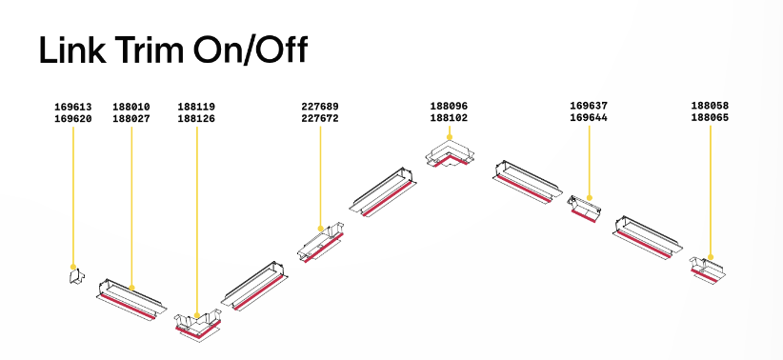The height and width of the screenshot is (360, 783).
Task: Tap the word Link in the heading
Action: pos(72,50)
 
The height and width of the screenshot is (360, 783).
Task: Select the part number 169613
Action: pos(73,107)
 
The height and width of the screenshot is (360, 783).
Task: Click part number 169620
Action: pos(73,119)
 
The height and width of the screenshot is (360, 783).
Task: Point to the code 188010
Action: pos(131,107)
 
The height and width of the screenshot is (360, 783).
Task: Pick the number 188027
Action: pos(131,119)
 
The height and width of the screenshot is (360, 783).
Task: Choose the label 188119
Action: pos(196,107)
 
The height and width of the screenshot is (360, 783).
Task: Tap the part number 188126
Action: pos(196,119)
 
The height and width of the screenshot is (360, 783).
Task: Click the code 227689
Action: pos(320,107)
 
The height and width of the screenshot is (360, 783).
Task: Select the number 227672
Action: pos(320,118)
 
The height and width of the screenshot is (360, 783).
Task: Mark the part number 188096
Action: pos(449,106)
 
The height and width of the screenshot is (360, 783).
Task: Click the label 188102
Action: pos(449,118)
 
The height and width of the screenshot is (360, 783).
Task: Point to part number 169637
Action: pos(589,106)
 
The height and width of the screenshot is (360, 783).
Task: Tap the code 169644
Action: pos(589,118)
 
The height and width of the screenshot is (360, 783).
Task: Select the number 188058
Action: pos(710,106)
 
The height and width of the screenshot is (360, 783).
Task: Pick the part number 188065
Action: pos(710,118)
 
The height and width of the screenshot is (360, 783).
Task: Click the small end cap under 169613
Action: pos(76,276)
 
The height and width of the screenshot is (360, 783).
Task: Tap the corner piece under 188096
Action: pos(450,155)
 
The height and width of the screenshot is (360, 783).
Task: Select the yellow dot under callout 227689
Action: pos(321,229)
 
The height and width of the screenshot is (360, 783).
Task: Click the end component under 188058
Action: pos(707,270)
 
